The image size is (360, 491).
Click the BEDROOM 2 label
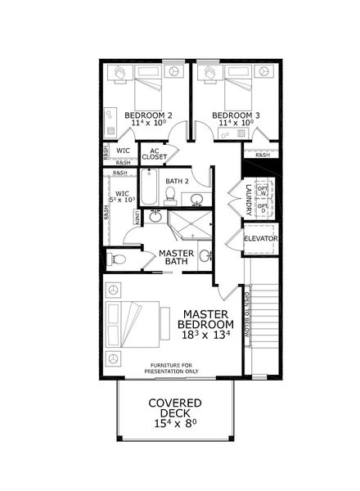[x=148, y=116]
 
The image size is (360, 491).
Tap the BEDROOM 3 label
[x=236, y=116]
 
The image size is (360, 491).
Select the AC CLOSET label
[x=154, y=153]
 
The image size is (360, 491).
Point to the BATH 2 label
[x=178, y=181]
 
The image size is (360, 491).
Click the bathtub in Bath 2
[x=149, y=187]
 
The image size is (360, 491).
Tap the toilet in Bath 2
[x=171, y=196]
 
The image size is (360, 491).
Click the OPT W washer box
[x=263, y=189]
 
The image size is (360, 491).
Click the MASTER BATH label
[x=176, y=258]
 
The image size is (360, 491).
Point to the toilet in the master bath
[x=119, y=259]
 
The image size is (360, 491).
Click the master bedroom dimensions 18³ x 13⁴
[x=205, y=334]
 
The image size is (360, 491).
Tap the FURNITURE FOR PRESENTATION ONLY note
[x=172, y=368]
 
